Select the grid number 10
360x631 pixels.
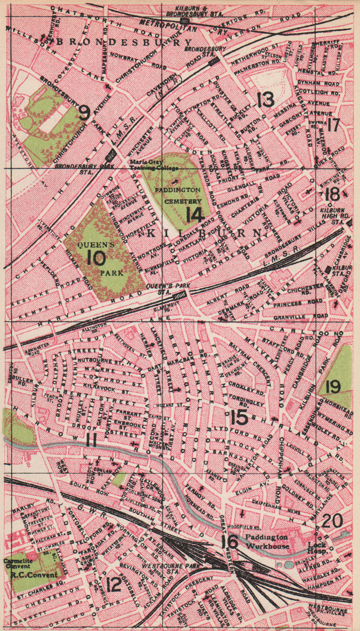click(x=96, y=259)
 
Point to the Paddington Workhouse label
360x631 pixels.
click(x=267, y=541)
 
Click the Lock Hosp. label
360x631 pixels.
click(x=317, y=547)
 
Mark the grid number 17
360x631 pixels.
click(x=333, y=125)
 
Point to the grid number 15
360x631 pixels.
click(x=239, y=418)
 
